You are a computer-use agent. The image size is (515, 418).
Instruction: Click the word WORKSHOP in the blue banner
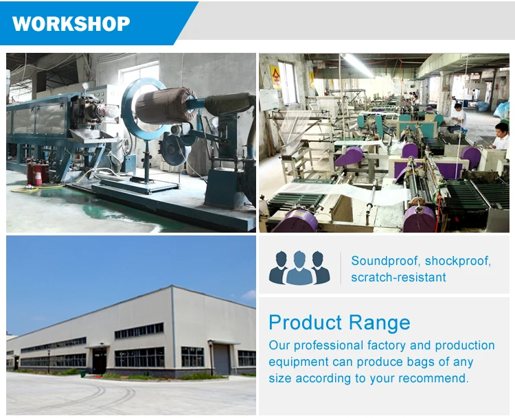pyautogui.click(x=71, y=23)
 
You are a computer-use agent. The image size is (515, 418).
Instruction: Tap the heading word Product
pyautogui.click(x=306, y=323)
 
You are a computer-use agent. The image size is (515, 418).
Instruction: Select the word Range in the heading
pyautogui.click(x=379, y=323)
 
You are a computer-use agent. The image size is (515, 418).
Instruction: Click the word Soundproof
pyautogui.click(x=385, y=261)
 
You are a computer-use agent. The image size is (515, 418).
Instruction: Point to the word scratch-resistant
pyautogui.click(x=398, y=277)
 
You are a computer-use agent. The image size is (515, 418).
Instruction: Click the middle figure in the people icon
pyautogui.click(x=299, y=268)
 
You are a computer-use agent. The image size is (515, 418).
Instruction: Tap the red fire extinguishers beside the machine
pyautogui.click(x=38, y=172)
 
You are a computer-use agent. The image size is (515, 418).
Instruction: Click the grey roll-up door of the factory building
pyautogui.click(x=222, y=359)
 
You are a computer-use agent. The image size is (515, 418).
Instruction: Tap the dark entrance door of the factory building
pyautogui.click(x=100, y=361)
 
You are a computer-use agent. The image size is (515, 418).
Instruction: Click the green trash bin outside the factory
pyautogui.click(x=83, y=373)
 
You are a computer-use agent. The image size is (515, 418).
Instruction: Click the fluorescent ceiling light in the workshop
pyautogui.click(x=357, y=65)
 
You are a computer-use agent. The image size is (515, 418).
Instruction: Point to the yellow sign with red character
pyautogui.click(x=275, y=77)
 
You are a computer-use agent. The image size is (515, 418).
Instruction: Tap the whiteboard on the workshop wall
pyautogui.click(x=269, y=100)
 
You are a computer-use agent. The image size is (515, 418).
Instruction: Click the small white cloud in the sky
pyautogui.click(x=249, y=295)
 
